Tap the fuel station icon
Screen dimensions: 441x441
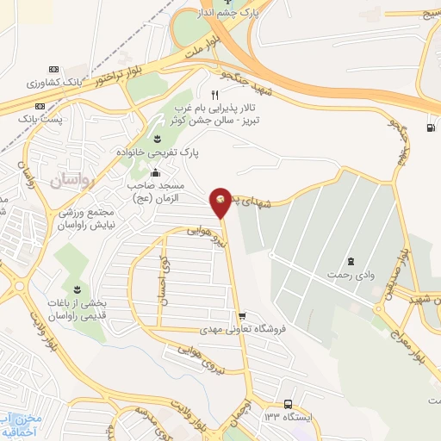coord(430,129)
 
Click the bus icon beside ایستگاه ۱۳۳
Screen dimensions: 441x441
coord(287,404)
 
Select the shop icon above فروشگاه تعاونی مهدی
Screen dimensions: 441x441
coord(242,315)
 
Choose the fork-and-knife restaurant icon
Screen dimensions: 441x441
coord(215,96)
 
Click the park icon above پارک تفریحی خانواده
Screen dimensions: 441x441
coord(158,138)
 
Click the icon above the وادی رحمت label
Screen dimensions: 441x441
coord(350,260)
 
